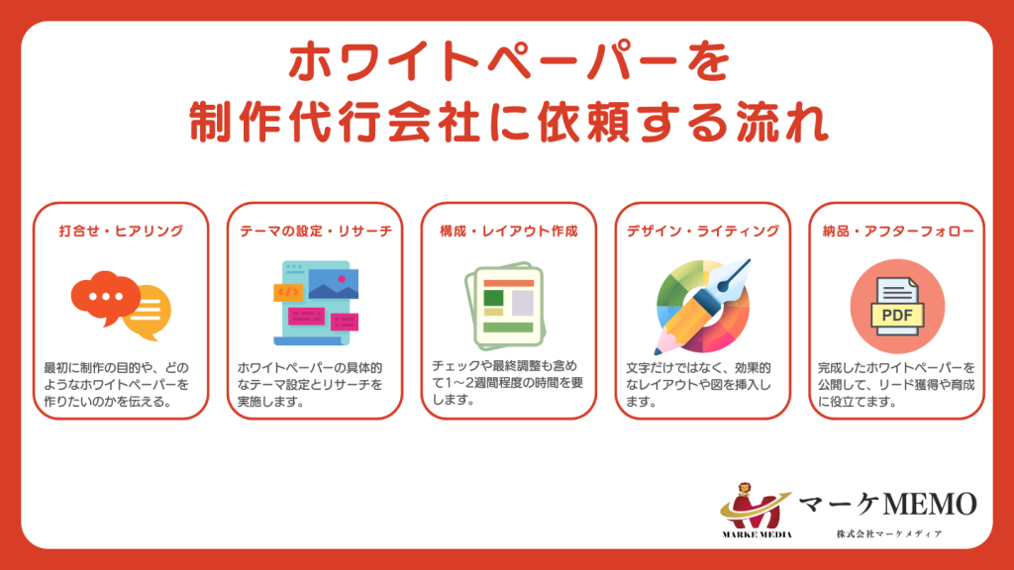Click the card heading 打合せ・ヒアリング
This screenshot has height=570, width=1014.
point(121,231)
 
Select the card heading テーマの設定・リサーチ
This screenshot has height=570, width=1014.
point(315,231)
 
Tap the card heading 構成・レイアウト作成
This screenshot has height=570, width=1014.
point(509,231)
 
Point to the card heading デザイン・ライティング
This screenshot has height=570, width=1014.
point(703,231)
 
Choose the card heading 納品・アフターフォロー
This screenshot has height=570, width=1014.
point(897,231)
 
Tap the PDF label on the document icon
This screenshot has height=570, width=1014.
point(897,316)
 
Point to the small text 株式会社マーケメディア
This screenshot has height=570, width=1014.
point(888,533)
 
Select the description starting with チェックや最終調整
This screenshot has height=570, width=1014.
point(509,383)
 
